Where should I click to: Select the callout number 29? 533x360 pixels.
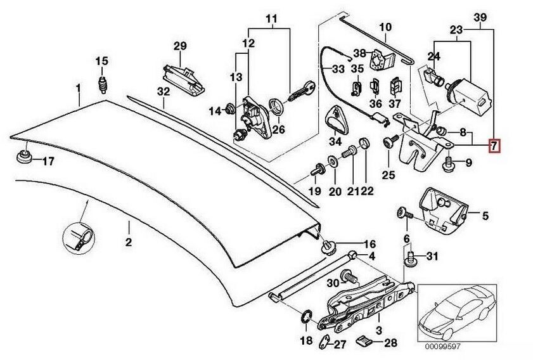coord(181,45)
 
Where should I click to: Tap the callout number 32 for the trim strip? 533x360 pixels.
coord(164,91)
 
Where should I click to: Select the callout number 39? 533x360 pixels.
coord(480,16)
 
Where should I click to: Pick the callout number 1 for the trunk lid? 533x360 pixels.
coord(79,86)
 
